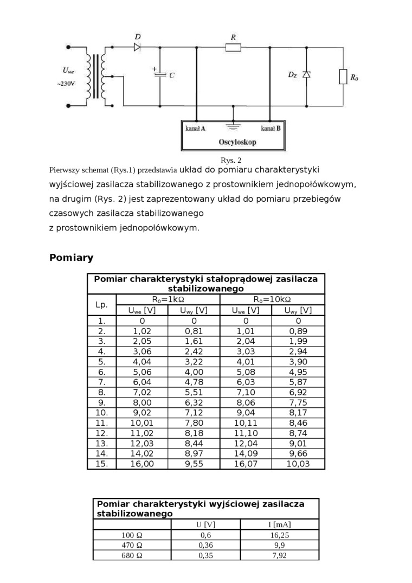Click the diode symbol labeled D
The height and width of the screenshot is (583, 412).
(x=137, y=48)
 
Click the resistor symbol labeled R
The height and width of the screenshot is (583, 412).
(x=233, y=48)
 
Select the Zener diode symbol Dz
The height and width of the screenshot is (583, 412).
(x=307, y=74)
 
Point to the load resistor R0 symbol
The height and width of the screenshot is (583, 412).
(x=343, y=76)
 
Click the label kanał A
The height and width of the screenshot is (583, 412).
(x=195, y=129)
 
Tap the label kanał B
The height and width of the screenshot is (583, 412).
(x=271, y=129)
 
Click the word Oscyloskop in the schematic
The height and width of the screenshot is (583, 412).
(x=237, y=142)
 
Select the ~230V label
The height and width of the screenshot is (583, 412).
(x=66, y=84)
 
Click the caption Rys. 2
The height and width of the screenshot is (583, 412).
(x=230, y=160)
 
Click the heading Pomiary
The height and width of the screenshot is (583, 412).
(x=71, y=258)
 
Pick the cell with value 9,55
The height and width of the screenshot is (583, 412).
(x=194, y=464)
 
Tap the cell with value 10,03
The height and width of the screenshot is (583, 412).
(x=298, y=464)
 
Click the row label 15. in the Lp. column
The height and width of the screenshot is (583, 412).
(x=101, y=464)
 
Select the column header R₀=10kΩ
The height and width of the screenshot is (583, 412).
(x=273, y=299)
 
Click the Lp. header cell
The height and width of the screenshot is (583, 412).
(x=101, y=305)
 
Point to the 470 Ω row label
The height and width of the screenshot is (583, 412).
(x=132, y=545)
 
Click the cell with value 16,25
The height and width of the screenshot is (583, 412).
(x=279, y=535)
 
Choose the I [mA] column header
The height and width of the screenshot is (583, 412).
(x=279, y=524)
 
